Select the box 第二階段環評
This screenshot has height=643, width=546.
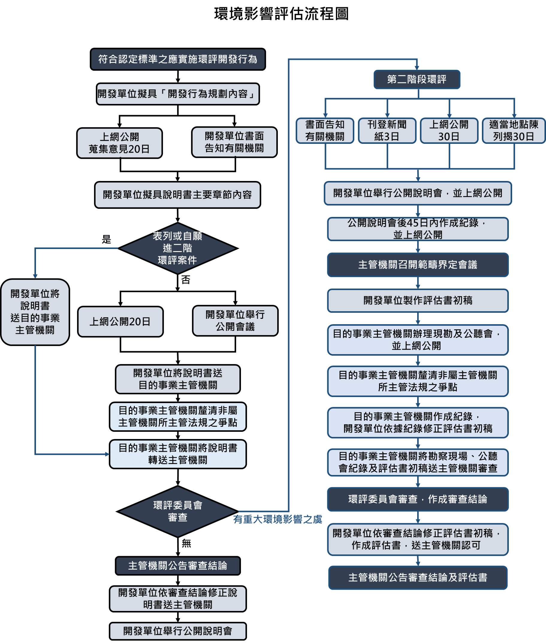[417, 79]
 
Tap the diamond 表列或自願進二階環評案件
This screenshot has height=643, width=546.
[178, 248]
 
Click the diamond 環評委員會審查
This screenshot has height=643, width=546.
[178, 511]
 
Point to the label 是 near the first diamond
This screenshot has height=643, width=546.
[106, 239]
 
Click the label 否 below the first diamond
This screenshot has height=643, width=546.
[186, 280]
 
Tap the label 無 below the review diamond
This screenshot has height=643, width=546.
[186, 543]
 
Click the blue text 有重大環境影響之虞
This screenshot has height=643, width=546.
[277, 519]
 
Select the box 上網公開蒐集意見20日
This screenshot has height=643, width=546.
[120, 143]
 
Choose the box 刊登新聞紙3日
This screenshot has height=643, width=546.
[387, 131]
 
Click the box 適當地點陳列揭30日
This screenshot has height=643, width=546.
[514, 131]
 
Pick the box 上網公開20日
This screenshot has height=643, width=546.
[120, 322]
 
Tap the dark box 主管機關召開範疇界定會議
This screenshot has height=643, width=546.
[417, 265]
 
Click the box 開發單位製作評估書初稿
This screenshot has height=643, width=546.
[417, 301]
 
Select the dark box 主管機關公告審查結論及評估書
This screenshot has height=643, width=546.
[417, 577]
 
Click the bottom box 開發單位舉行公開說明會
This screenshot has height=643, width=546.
[178, 631]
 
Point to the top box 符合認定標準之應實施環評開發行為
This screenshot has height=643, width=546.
[178, 59]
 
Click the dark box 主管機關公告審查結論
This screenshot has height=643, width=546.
[178, 566]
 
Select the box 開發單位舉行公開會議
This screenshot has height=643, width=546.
[235, 321]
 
